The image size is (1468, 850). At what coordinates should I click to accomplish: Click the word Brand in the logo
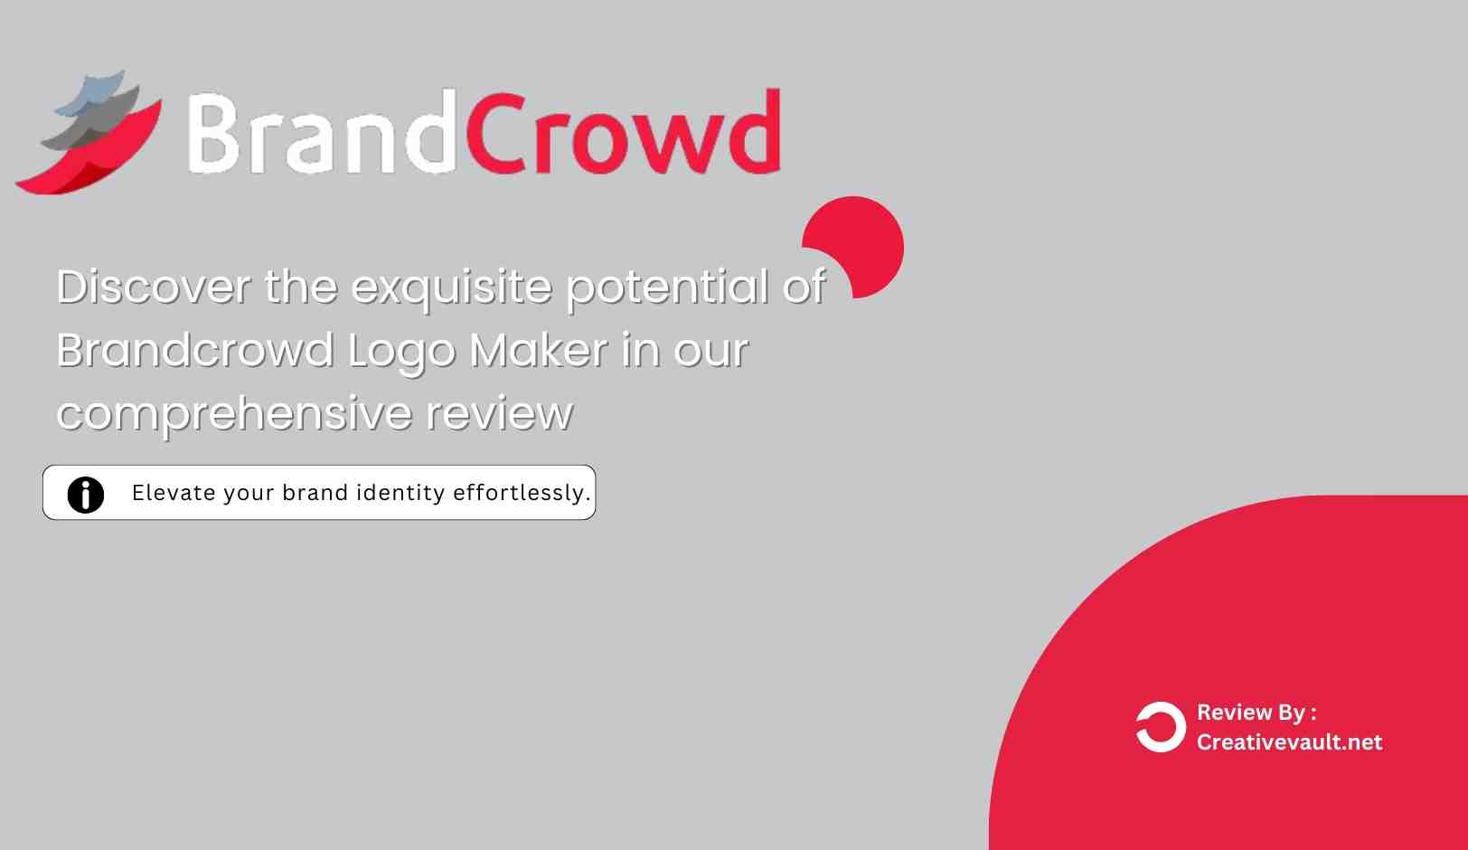pos(316,134)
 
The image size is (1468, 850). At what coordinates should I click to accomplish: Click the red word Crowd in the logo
pos(624,134)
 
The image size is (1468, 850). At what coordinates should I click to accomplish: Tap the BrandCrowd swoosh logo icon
pos(90,136)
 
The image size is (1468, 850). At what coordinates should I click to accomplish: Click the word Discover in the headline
pos(154,288)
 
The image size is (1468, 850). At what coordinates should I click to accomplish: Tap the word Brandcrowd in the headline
pos(194,351)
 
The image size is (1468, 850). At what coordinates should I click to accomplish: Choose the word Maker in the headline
pos(539,351)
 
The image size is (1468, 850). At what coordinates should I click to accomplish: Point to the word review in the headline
pos(499,414)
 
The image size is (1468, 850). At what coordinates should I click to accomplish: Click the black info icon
pos(86,494)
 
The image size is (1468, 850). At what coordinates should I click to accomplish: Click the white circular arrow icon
pos(1161,727)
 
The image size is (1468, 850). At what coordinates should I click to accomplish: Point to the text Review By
pos(1256,713)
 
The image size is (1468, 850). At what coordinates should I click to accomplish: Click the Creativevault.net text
pos(1289,742)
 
